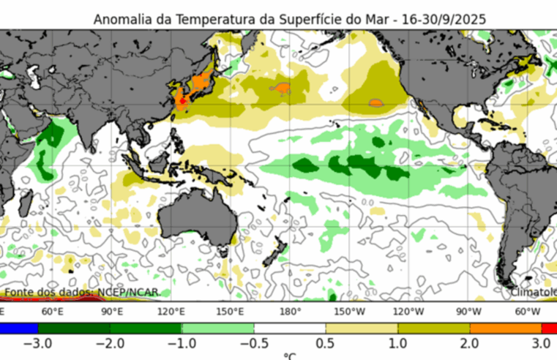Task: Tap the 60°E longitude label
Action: [x=51, y=311]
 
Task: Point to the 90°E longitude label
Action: [x=111, y=311]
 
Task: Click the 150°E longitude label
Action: [x=231, y=311]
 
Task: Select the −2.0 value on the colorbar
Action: [x=109, y=343]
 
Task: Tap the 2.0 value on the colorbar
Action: [x=470, y=343]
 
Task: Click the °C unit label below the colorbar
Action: [x=290, y=356]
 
